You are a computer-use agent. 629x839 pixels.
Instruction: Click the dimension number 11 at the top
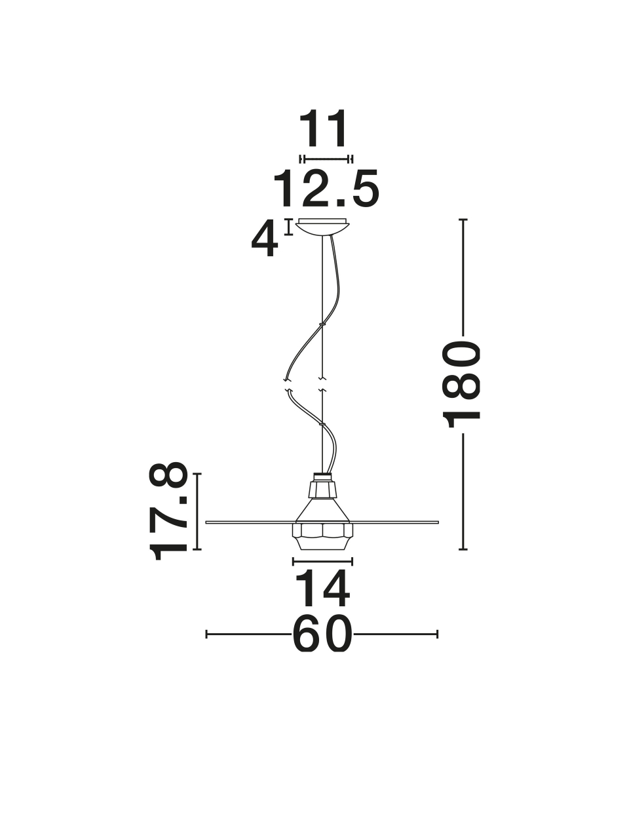click(x=323, y=129)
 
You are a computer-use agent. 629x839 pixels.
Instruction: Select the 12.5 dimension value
click(x=326, y=189)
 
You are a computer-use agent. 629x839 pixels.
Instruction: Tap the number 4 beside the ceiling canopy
click(x=264, y=239)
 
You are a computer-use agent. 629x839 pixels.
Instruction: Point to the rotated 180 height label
click(x=461, y=385)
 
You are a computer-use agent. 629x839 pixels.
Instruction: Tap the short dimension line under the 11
click(x=326, y=159)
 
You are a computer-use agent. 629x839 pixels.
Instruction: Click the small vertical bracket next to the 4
click(x=289, y=227)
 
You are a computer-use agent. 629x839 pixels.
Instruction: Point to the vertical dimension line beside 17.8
click(x=197, y=511)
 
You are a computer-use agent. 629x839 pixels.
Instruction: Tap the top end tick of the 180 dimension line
click(x=463, y=220)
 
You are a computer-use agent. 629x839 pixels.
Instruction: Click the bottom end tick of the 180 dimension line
click(x=463, y=549)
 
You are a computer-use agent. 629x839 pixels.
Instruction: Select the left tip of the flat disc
click(x=206, y=522)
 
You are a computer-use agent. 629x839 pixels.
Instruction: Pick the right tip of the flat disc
click(x=439, y=522)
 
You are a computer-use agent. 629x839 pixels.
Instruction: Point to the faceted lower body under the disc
click(x=323, y=537)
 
